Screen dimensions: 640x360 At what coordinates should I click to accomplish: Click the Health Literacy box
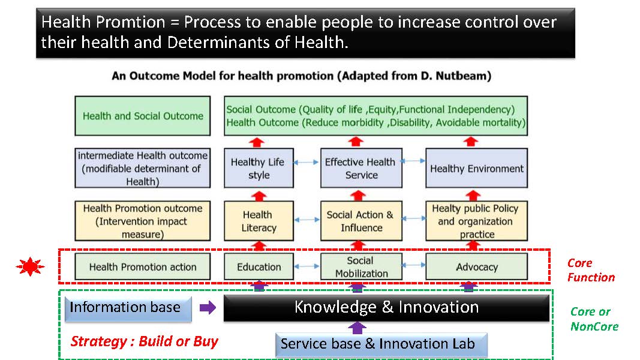pyautogui.click(x=259, y=221)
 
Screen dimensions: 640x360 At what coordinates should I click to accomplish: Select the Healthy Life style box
pyautogui.click(x=259, y=168)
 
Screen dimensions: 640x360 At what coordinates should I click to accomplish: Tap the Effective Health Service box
pyautogui.click(x=361, y=168)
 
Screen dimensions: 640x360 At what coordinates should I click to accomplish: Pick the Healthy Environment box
pyautogui.click(x=476, y=168)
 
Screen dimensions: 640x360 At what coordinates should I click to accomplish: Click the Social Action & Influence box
pyautogui.click(x=361, y=221)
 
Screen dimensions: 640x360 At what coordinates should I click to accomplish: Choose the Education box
pyautogui.click(x=259, y=266)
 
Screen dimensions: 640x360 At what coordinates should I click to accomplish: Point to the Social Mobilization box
pyautogui.click(x=361, y=266)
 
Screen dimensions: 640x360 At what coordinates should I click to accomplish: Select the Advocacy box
pyautogui.click(x=476, y=266)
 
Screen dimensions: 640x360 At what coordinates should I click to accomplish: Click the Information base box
pyautogui.click(x=128, y=308)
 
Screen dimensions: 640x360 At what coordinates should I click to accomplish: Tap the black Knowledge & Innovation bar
pyautogui.click(x=386, y=308)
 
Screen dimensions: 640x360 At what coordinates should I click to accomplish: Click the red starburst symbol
pyautogui.click(x=30, y=266)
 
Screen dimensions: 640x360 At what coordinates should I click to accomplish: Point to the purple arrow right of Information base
pyautogui.click(x=208, y=307)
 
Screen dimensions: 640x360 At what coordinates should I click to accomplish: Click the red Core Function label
pyautogui.click(x=591, y=270)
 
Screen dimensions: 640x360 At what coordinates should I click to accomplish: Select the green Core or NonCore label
pyautogui.click(x=594, y=319)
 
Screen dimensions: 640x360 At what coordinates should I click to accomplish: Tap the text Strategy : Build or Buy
pyautogui.click(x=144, y=341)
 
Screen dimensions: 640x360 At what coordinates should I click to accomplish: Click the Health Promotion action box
pyautogui.click(x=142, y=266)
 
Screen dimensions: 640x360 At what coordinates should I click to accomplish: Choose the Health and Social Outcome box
pyautogui.click(x=142, y=116)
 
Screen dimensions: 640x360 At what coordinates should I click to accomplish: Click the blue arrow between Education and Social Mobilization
pyautogui.click(x=307, y=266)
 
